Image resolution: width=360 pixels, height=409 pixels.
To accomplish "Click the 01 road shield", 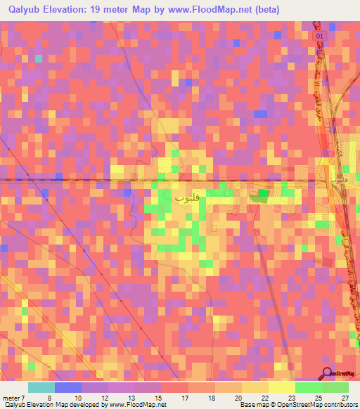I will (x=321, y=34).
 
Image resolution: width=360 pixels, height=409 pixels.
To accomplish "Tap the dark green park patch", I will (x=262, y=193).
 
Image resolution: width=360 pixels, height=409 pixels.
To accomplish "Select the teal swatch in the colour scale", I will (x=41, y=387).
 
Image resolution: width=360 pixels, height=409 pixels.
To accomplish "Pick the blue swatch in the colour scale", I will (x=68, y=387).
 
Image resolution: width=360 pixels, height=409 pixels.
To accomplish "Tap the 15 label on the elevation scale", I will (x=139, y=398).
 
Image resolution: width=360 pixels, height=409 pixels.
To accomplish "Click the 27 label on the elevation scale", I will (x=344, y=398).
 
